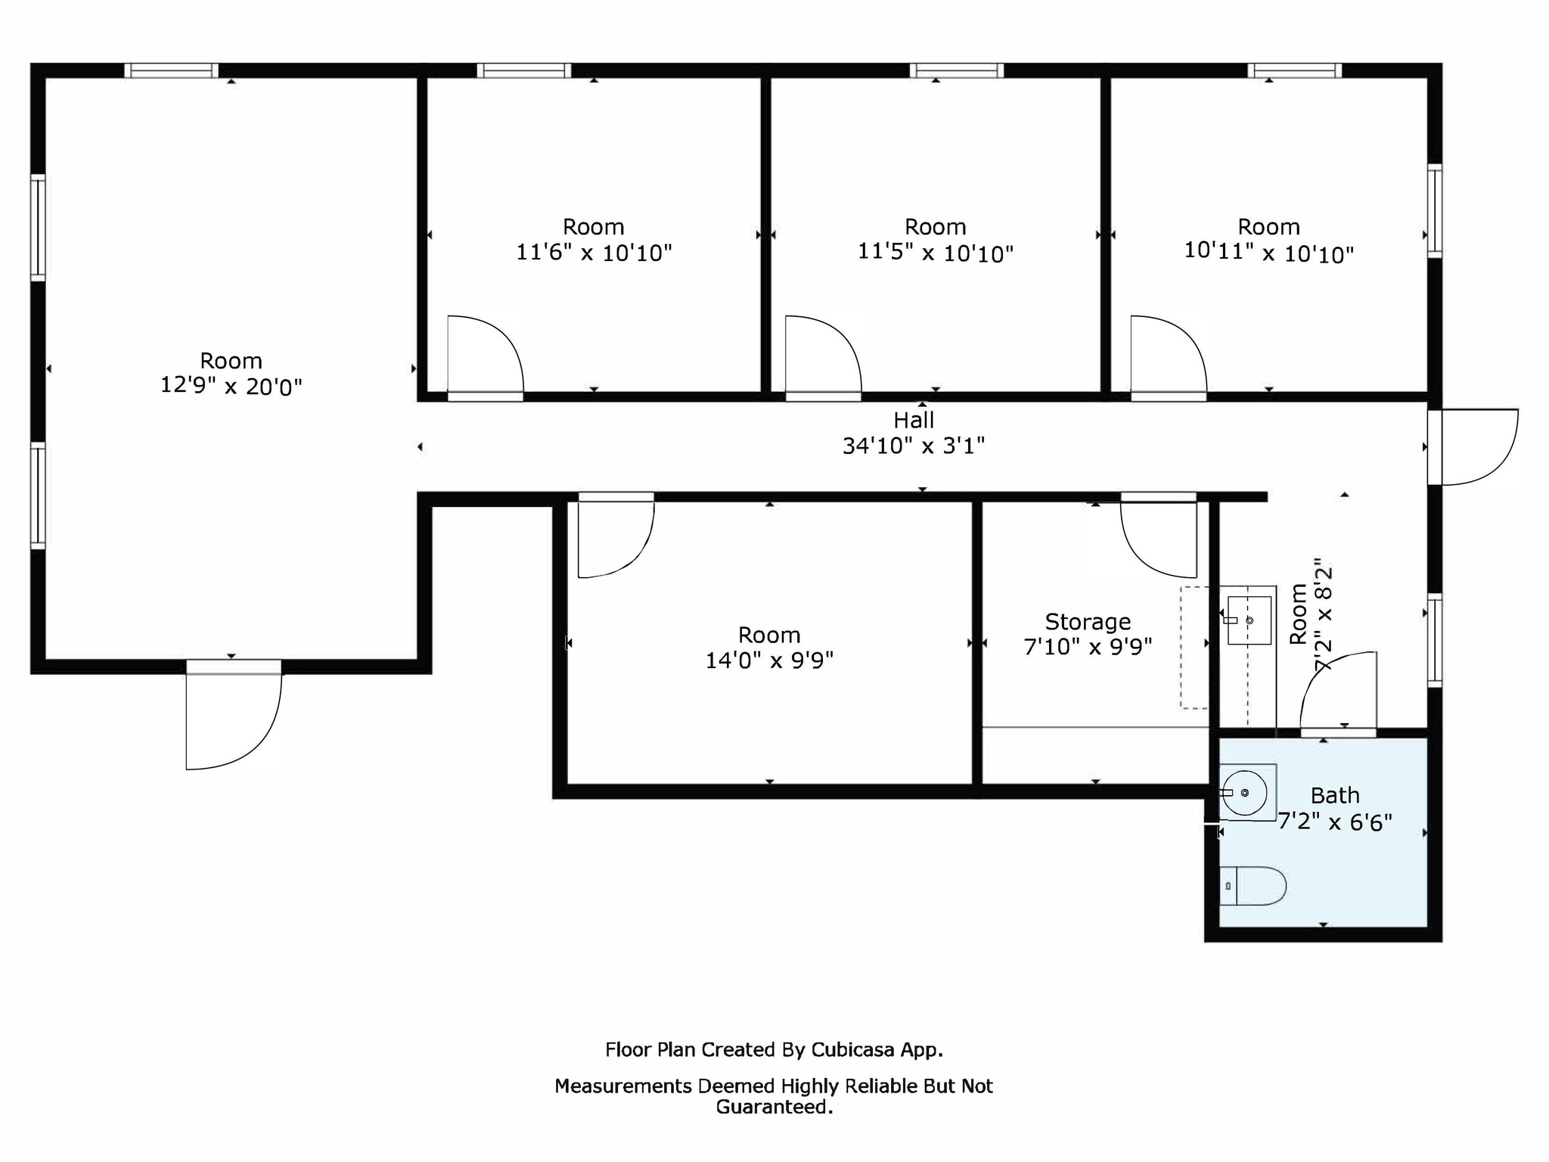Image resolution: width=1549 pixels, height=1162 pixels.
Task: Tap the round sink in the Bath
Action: (1245, 793)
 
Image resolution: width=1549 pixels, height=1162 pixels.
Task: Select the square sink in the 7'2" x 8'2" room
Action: (1249, 620)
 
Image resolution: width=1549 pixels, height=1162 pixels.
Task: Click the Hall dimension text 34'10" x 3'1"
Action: (914, 446)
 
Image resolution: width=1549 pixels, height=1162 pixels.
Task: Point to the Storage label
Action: (1088, 622)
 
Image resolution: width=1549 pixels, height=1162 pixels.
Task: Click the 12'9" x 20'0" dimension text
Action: (231, 387)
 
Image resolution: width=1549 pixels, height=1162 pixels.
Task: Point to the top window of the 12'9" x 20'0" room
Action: (172, 70)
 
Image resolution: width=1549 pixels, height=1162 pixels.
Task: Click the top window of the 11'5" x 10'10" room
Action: (957, 70)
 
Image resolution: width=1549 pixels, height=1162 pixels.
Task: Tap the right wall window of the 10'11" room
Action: (1435, 211)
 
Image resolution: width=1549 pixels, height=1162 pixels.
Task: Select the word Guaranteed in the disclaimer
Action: (773, 1107)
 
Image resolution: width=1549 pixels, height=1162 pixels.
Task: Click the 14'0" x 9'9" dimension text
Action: (769, 660)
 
